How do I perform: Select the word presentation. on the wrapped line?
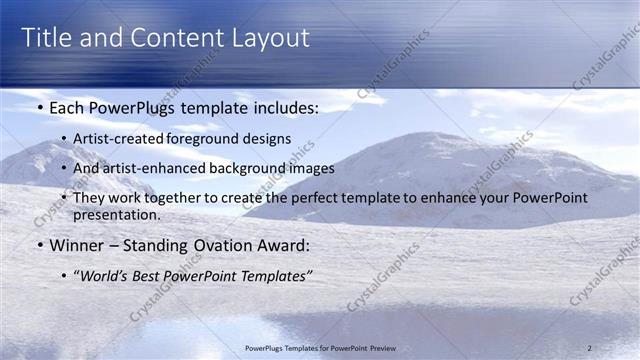[x=116, y=215]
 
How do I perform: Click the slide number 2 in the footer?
[x=589, y=347]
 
